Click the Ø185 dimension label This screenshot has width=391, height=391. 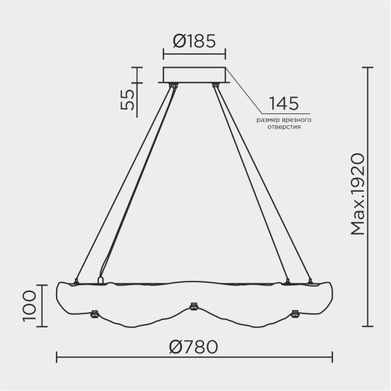[194, 42]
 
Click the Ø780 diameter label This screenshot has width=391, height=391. [193, 347]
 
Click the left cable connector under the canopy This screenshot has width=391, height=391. [173, 85]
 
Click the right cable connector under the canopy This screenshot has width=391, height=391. [215, 85]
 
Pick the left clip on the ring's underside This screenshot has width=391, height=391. [93, 314]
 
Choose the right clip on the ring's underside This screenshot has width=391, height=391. [294, 313]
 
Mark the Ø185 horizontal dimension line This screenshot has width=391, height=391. [194, 55]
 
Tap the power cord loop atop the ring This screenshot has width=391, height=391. [100, 281]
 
